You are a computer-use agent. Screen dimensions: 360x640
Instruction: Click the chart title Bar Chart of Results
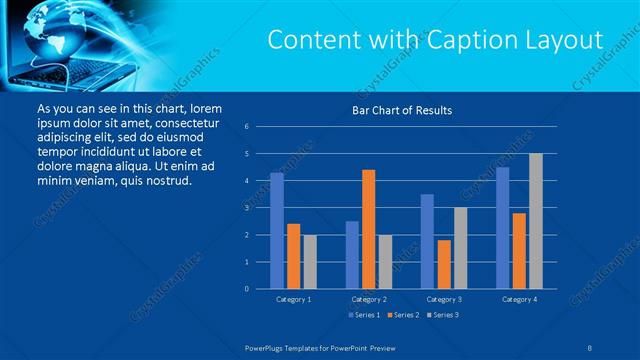402,110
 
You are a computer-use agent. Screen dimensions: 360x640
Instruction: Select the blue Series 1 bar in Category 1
277,230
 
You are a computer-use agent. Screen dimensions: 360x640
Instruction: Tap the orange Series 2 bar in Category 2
368,229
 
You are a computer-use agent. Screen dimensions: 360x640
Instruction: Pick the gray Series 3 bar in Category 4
535,221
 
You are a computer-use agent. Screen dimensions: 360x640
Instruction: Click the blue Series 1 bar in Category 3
427,241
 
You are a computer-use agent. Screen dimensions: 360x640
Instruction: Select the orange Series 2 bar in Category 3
443,264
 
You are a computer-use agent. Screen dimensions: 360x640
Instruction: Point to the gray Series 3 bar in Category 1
309,261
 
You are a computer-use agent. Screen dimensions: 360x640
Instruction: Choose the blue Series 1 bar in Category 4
502,227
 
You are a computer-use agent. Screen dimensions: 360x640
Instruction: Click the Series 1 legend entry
364,315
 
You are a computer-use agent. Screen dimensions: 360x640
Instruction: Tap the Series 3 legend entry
442,315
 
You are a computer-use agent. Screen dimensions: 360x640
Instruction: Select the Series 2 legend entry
403,315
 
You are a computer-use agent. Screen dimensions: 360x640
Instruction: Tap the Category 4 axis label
518,299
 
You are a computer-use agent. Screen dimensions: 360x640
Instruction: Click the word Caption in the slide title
467,40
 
